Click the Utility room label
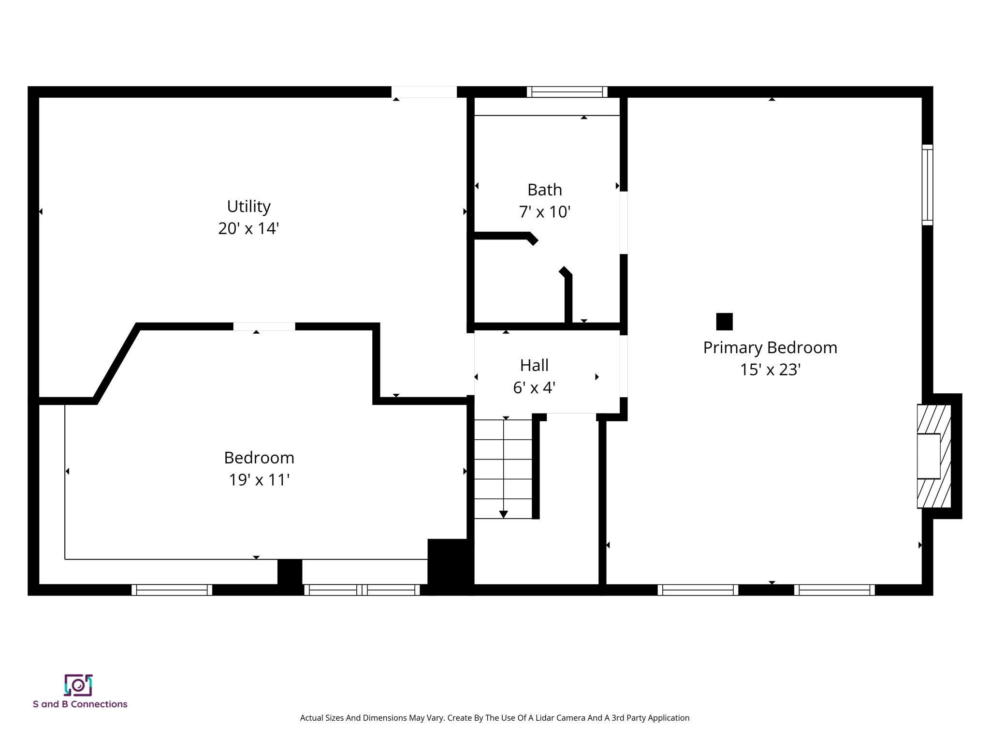tap(248, 207)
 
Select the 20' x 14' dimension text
tap(248, 228)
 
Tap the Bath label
tap(544, 190)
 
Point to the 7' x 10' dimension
tap(544, 212)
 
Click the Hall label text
tap(534, 366)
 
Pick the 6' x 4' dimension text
tap(534, 387)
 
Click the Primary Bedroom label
tap(770, 348)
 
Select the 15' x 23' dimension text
tap(770, 370)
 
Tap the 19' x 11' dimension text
tap(259, 480)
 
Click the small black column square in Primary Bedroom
tap(724, 322)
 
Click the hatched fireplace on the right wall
tap(933, 456)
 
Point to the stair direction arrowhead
tap(503, 514)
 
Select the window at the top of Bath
tap(567, 92)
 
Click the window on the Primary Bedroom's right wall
tap(927, 185)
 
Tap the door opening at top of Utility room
tap(423, 92)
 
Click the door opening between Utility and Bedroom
tap(264, 327)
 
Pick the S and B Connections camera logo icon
tap(78, 685)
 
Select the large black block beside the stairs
tap(450, 565)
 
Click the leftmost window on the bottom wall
tap(172, 590)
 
